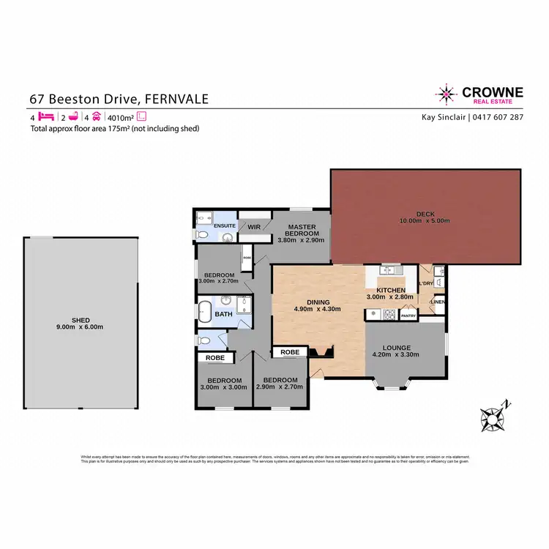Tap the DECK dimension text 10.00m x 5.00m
(x=425, y=221)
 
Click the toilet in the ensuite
(x=202, y=234)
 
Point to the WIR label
(x=254, y=227)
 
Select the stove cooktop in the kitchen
(x=389, y=315)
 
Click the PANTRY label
(x=408, y=316)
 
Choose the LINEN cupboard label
(x=438, y=302)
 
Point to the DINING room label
(x=318, y=302)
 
